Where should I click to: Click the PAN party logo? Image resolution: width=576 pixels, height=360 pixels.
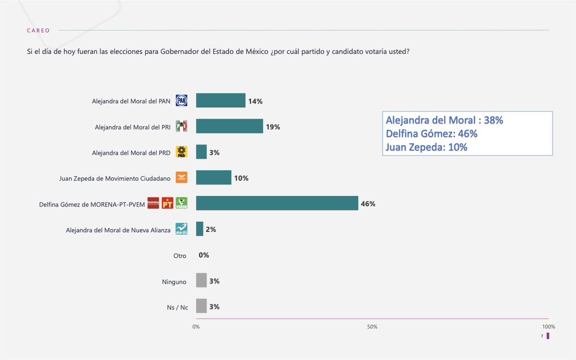tap(181, 101)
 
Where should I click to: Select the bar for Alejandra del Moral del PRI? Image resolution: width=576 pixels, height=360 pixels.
tap(229, 127)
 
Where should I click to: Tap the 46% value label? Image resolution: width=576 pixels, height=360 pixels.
tap(368, 204)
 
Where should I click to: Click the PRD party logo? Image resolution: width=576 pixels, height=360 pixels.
tap(181, 152)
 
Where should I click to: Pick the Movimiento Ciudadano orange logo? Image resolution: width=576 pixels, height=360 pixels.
tap(181, 178)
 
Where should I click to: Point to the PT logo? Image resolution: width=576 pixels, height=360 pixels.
tap(167, 204)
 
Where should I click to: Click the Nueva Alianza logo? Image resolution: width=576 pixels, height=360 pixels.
tap(181, 229)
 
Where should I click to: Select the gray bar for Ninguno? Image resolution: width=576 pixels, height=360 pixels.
tap(201, 280)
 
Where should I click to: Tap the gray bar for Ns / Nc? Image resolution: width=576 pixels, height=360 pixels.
tap(201, 306)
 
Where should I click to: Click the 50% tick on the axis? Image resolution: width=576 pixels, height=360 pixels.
tap(372, 327)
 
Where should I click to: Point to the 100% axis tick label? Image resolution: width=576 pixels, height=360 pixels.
tap(548, 327)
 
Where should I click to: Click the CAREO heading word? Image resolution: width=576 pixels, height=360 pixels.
tap(38, 30)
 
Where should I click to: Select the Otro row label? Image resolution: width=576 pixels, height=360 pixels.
tap(179, 255)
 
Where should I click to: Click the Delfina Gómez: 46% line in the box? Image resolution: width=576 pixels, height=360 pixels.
tap(431, 134)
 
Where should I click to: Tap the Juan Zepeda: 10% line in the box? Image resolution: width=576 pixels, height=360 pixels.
tap(426, 147)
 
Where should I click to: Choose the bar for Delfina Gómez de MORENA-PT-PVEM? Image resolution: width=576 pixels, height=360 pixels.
tap(277, 204)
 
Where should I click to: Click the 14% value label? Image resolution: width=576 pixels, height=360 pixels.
tap(255, 101)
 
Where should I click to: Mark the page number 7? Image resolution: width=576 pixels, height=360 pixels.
tap(542, 336)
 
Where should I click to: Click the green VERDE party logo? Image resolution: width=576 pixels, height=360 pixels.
tap(181, 204)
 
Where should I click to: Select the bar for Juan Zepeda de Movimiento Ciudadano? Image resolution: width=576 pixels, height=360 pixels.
tap(214, 178)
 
